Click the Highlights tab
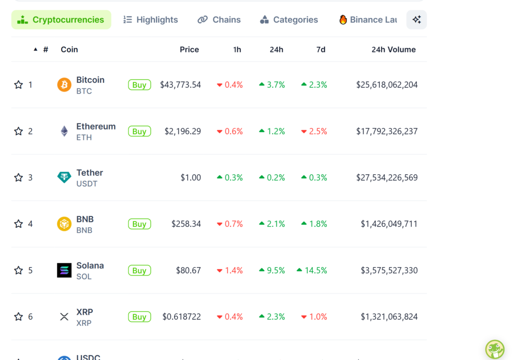coord(151,20)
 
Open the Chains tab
coord(219,20)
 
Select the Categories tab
coord(289,20)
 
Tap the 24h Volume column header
coord(394,49)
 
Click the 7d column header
coord(321,49)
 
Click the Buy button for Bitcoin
coord(140,85)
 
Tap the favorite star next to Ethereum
coord(19,132)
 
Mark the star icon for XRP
coord(19,317)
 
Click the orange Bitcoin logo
coord(64,85)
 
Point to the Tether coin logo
coord(64,177)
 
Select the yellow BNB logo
coord(64,224)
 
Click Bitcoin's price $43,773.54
coord(181,85)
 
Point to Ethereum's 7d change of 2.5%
coord(314,132)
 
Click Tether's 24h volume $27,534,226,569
coord(387,178)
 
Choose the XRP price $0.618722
coord(182,317)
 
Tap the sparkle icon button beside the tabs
coord(417,20)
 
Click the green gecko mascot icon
coord(494,349)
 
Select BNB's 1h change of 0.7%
coord(230,224)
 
